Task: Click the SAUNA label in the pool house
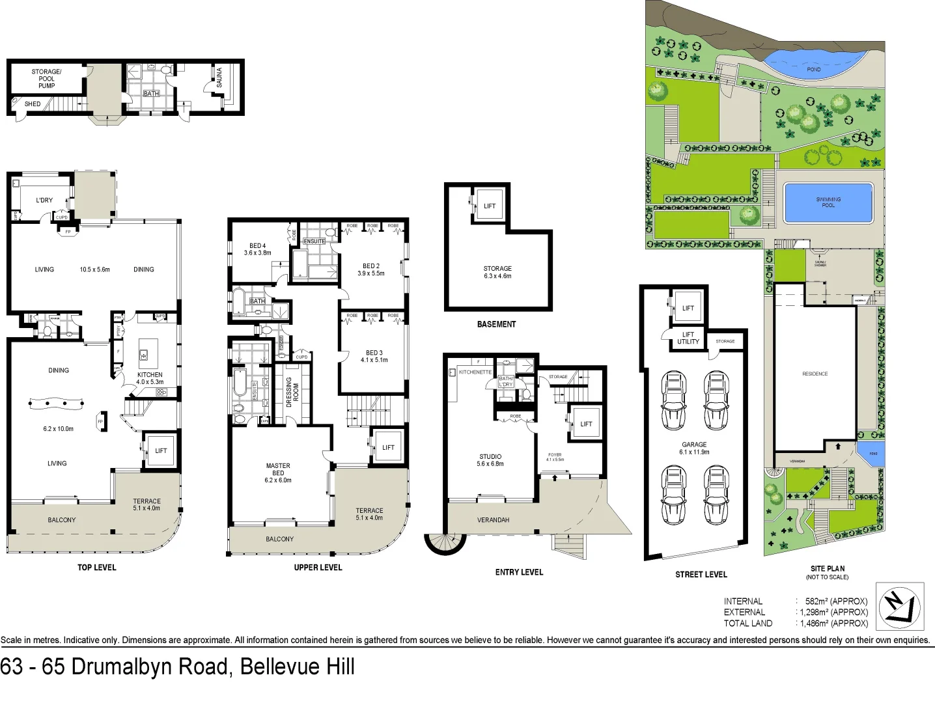coord(219,77)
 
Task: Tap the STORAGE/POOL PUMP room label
coord(46,79)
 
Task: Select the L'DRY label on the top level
coord(44,200)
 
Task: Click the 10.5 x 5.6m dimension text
coord(95,269)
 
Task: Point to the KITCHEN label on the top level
coord(150,375)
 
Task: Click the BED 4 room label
coord(257,246)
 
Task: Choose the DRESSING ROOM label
coord(292,392)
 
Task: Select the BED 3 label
coord(374,353)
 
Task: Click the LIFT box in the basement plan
coord(489,206)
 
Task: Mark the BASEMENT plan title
coord(496,324)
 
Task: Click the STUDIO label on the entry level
coord(490,456)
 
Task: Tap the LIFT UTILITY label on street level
coord(688,338)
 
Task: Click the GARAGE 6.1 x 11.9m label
coord(694,448)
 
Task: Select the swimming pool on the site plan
coord(828,202)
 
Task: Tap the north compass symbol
coord(900,607)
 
